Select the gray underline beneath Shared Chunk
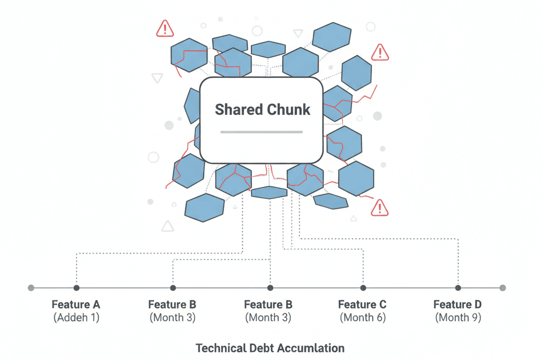click(261, 132)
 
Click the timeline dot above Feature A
click(77, 287)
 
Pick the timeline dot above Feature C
click(363, 287)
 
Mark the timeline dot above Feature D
click(458, 287)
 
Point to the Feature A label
click(76, 304)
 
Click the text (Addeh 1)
click(76, 318)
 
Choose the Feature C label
click(362, 304)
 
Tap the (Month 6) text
click(363, 318)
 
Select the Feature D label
click(457, 304)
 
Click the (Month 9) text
click(458, 318)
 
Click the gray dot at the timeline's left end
click(31, 287)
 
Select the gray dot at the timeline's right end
click(502, 287)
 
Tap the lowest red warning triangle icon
click(380, 208)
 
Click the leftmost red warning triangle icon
click(165, 29)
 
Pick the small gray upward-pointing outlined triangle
click(168, 227)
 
